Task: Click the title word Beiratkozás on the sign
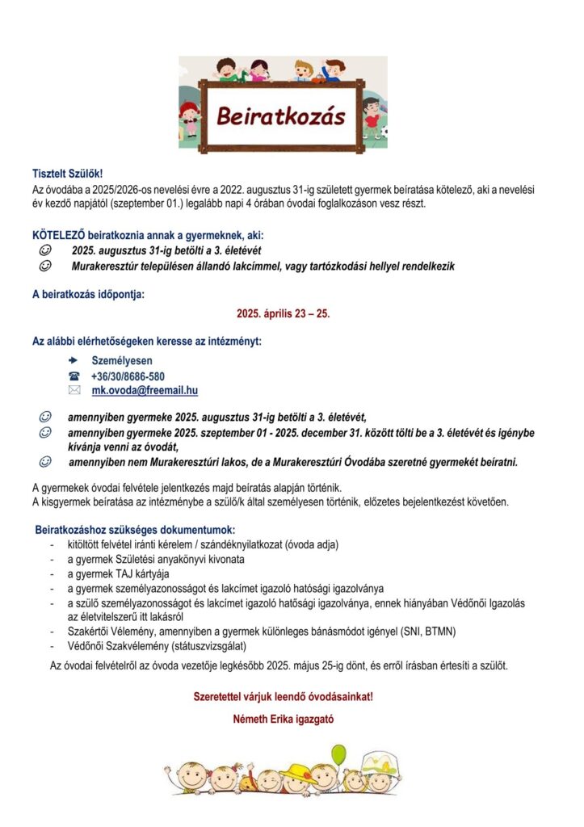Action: click(x=280, y=116)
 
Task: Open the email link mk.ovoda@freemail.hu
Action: click(x=145, y=391)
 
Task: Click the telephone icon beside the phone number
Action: click(x=74, y=376)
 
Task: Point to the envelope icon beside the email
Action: click(x=74, y=391)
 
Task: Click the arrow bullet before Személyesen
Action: click(x=74, y=361)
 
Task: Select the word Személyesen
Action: click(x=122, y=361)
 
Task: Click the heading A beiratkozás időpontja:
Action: click(x=88, y=294)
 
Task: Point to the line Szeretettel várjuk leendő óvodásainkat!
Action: click(x=283, y=696)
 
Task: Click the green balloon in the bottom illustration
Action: click(x=338, y=755)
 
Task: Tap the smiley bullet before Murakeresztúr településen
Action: click(x=46, y=266)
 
